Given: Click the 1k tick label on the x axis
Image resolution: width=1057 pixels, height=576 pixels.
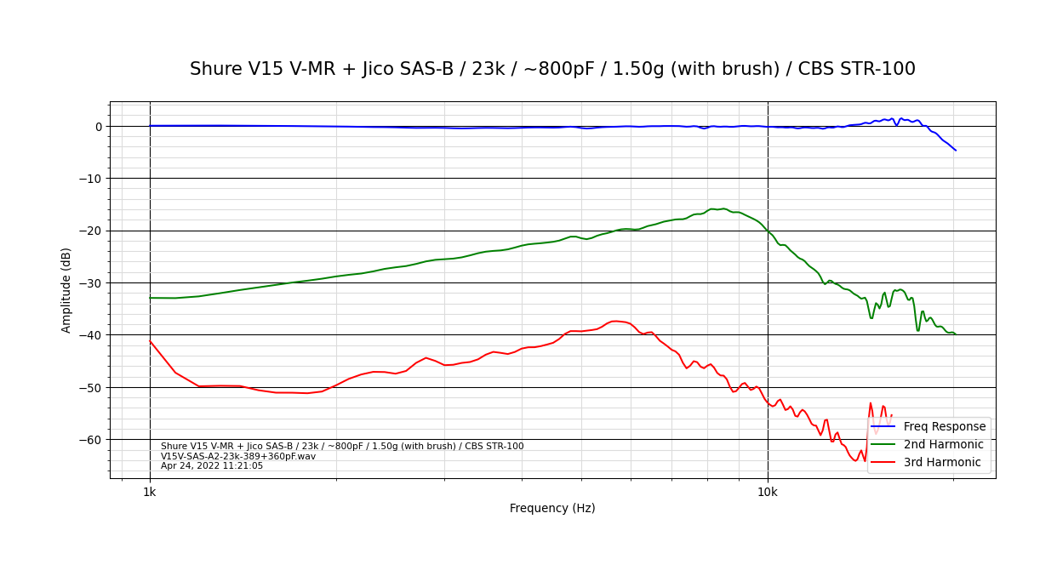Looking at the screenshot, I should (x=150, y=492).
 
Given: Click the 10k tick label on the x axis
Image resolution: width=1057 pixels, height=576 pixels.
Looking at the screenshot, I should (x=768, y=492).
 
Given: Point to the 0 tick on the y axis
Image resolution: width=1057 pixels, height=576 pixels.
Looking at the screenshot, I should (x=98, y=127).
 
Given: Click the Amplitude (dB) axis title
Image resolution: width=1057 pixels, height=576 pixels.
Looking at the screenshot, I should (x=66, y=289).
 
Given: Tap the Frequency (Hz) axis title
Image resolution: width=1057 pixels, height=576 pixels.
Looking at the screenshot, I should (x=552, y=509).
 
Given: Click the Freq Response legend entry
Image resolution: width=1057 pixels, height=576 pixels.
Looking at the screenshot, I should (x=944, y=426).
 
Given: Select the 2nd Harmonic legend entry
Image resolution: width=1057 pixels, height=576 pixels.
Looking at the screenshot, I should (x=943, y=444).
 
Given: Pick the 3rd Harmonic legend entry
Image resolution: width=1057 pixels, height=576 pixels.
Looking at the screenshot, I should (x=941, y=462).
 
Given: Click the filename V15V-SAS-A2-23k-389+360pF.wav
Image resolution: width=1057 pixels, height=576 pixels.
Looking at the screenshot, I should (x=238, y=456).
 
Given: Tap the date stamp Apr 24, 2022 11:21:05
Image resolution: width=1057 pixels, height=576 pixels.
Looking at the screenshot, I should (x=212, y=466).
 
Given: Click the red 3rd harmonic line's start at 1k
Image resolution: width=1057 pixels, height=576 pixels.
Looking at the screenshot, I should (x=151, y=341).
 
